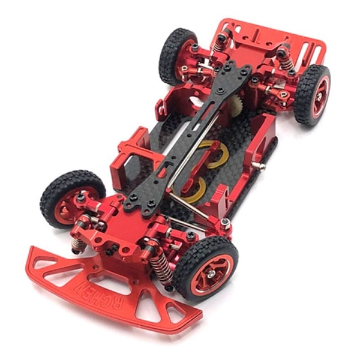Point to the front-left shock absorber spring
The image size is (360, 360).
point(78,244)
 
